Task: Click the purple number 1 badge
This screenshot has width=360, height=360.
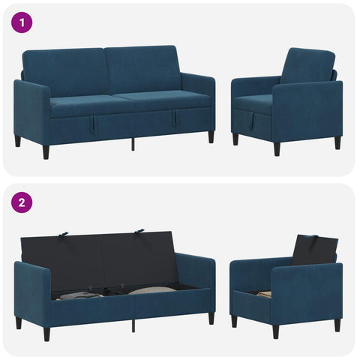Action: pos(22,23)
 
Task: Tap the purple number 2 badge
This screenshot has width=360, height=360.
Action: pos(22,202)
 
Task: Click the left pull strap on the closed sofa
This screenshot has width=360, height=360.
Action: pos(92,123)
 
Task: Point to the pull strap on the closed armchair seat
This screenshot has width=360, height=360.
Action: pos(253,121)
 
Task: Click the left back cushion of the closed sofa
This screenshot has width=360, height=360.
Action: pos(64,71)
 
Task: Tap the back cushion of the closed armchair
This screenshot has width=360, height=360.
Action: pos(307,65)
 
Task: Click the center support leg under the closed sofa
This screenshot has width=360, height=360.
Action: pos(133,144)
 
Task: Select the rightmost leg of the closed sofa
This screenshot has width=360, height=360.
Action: pos(211,136)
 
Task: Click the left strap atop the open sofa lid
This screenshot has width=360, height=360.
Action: pos(64,234)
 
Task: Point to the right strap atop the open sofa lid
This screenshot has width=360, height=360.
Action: pos(139,231)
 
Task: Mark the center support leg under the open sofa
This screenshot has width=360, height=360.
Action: pos(133,325)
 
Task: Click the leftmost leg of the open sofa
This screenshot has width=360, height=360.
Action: pos(18,322)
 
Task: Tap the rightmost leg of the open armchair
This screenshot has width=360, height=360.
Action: pos(337,325)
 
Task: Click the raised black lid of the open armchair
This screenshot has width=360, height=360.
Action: pos(315,250)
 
